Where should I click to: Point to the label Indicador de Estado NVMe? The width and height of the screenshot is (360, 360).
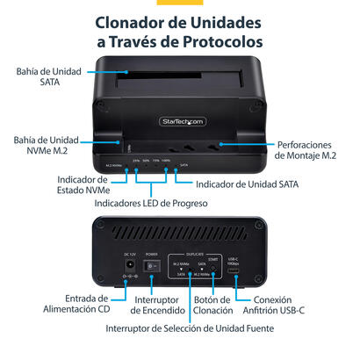[x=60, y=185]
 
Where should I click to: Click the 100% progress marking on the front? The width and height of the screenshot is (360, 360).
[x=167, y=162]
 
